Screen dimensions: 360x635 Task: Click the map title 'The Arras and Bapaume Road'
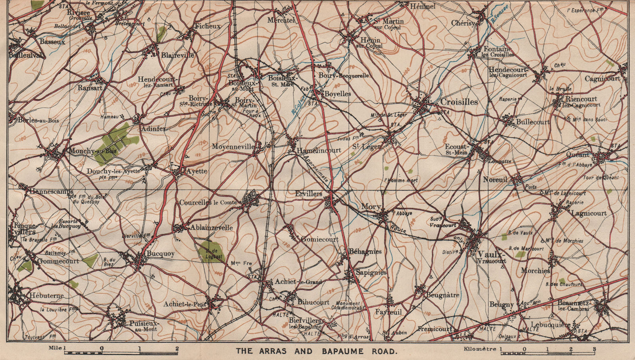point(316,351)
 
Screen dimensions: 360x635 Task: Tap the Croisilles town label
point(459,102)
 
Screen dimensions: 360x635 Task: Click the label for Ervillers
point(308,193)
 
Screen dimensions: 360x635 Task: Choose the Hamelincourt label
point(319,150)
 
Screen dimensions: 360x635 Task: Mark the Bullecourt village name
point(533,122)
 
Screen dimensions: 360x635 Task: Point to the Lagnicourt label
point(589,213)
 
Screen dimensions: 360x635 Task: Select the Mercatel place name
point(281,20)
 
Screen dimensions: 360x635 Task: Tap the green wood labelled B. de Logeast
point(209,251)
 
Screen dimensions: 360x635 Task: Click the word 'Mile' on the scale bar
point(55,348)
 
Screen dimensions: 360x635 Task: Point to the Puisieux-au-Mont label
point(143,326)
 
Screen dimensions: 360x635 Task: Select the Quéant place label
point(578,154)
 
